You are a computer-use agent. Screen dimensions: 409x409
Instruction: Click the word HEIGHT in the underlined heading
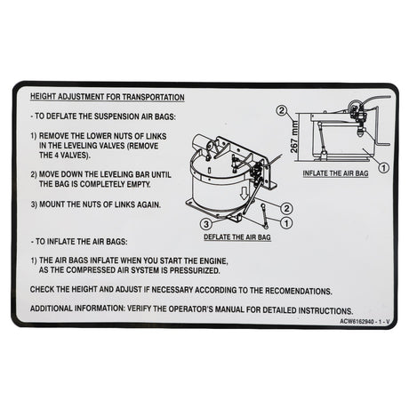44,97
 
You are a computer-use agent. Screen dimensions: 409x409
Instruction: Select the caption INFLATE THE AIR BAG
335,172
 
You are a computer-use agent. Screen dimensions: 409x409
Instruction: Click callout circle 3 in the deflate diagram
204,223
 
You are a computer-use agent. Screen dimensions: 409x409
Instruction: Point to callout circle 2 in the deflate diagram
287,208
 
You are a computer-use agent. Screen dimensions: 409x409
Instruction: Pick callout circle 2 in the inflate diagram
282,112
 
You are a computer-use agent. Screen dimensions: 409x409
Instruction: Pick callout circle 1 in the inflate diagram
383,165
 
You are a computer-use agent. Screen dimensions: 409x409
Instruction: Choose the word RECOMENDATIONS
285,290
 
